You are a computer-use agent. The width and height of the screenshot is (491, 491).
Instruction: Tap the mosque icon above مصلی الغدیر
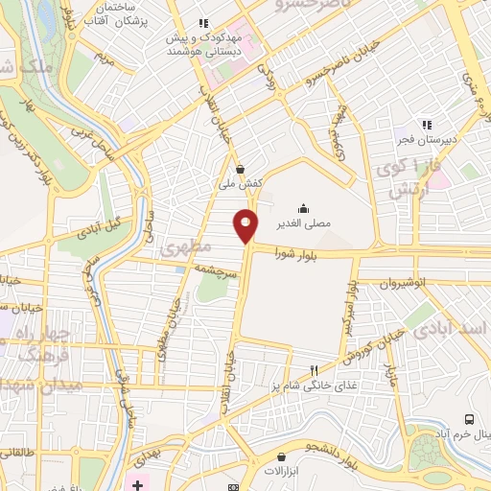point(304,207)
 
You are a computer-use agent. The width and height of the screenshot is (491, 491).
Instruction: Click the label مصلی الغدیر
point(304,222)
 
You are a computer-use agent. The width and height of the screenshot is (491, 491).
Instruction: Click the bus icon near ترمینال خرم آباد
point(469,419)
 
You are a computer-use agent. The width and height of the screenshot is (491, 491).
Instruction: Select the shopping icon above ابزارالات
point(280,456)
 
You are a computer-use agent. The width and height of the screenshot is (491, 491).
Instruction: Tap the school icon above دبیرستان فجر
point(427,125)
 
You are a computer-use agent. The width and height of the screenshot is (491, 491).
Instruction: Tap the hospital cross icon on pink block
point(137,484)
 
